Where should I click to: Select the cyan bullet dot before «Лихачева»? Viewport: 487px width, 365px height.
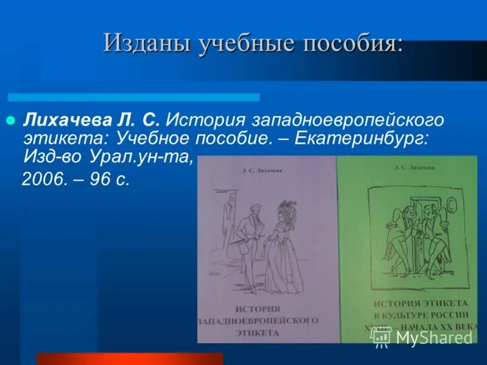coord(10,120)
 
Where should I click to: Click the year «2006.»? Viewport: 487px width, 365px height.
coord(43,181)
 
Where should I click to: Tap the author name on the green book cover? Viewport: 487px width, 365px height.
coord(414,166)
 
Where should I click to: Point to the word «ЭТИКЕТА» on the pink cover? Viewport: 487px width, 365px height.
coord(257,333)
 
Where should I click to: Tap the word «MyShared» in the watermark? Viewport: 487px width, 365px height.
coord(434,336)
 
